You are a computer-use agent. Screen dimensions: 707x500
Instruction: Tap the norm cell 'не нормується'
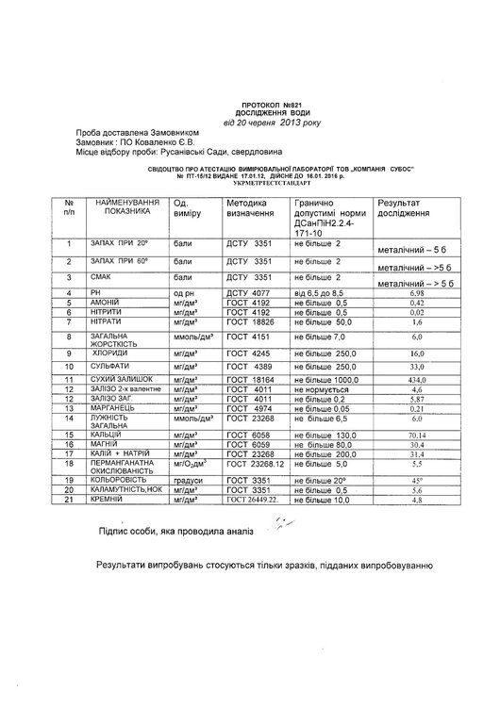(324, 388)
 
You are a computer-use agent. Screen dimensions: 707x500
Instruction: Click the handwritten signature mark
(277, 530)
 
